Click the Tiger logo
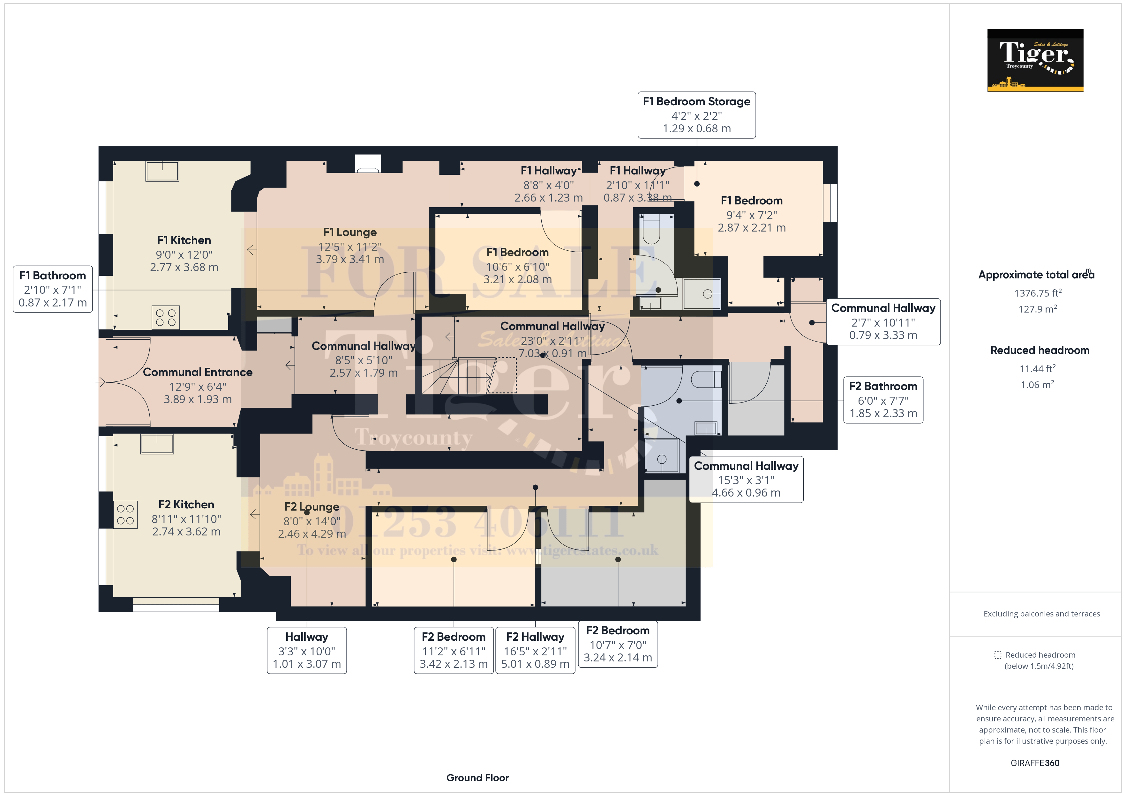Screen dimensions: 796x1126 [1035, 60]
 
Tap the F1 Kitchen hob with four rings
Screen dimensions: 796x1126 [165, 317]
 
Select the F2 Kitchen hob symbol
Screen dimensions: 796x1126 [125, 515]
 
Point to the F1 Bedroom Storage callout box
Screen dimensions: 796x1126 [696, 115]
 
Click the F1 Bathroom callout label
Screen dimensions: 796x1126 [52, 289]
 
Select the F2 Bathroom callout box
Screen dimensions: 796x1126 [883, 400]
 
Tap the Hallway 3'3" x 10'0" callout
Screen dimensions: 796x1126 [306, 651]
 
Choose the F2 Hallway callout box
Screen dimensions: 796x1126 [535, 651]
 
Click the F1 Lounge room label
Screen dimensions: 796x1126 [350, 232]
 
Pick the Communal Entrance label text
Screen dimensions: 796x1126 [197, 372]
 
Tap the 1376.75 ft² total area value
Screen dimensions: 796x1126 [1038, 293]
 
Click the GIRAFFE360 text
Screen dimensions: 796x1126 [1035, 763]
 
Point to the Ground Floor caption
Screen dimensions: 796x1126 [477, 778]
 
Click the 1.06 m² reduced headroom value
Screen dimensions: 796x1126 [1037, 385]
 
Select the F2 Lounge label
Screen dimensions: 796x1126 [312, 507]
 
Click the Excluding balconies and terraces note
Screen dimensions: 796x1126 [1041, 614]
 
